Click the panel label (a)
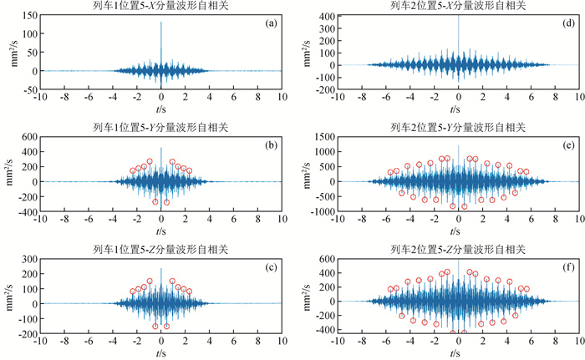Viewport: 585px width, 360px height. pos(271,23)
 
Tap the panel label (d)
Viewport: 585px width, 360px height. pos(565,23)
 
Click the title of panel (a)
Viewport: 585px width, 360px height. pos(161,7)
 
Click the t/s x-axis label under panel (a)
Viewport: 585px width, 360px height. pos(161,109)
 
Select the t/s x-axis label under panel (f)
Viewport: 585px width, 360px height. pos(455,352)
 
